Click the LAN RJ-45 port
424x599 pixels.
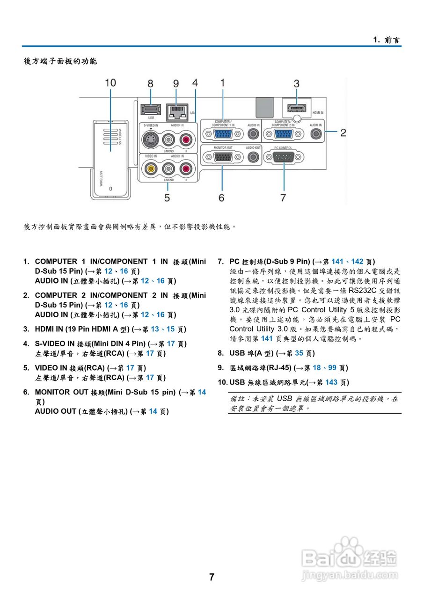(177, 112)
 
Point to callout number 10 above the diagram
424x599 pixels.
(110, 83)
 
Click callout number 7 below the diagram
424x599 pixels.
(283, 198)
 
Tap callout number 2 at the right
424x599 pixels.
(344, 133)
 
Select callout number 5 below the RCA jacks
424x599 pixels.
(167, 198)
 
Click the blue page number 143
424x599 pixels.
(331, 382)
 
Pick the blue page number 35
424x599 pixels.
(299, 353)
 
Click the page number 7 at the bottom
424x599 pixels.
(212, 577)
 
